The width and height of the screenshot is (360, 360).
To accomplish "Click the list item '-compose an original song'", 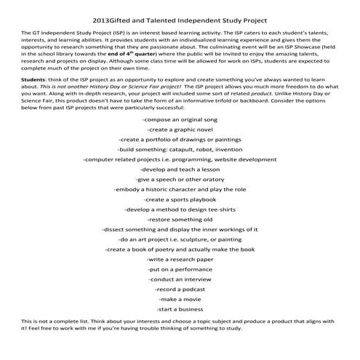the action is (x=180, y=118).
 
